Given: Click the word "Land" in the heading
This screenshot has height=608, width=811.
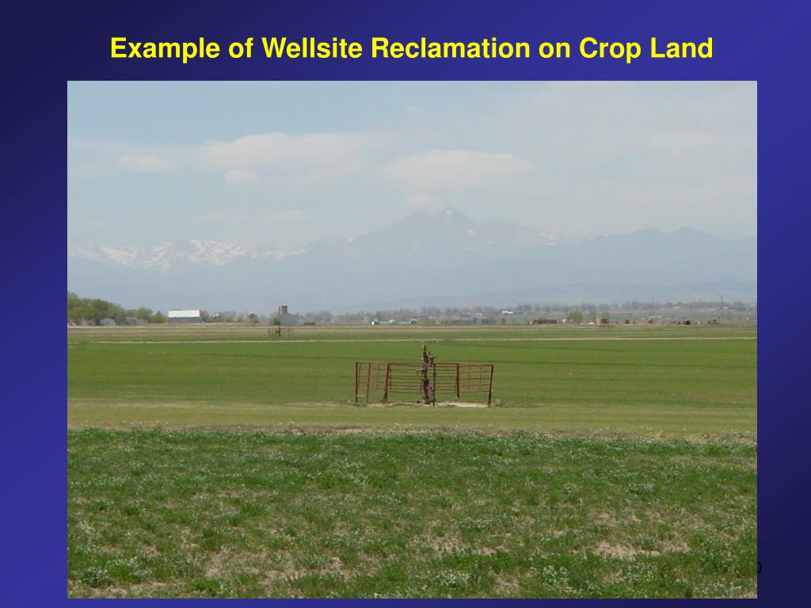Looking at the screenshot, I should click(682, 49).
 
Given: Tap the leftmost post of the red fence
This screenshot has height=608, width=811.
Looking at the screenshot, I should click(356, 382).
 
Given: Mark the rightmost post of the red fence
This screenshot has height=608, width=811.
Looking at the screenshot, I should click(491, 385).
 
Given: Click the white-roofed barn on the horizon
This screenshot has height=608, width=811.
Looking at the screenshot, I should click(184, 315).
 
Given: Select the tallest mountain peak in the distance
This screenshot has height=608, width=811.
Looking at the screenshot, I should click(449, 213).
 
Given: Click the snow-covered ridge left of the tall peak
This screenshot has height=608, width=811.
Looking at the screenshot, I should click(182, 252).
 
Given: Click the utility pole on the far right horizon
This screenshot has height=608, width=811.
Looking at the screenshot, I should click(721, 307).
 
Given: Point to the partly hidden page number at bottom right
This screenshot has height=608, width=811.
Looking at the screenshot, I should click(756, 568).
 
